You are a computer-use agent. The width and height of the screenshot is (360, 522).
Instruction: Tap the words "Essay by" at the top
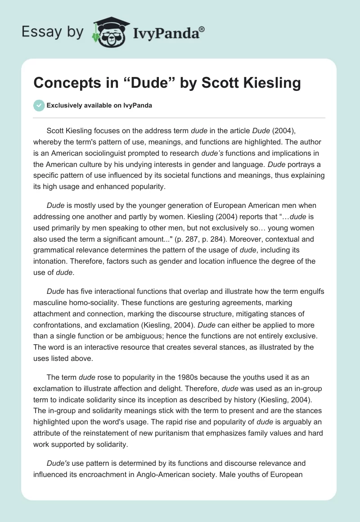tap(53, 31)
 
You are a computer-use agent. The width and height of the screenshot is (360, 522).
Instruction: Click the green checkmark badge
tap(39, 105)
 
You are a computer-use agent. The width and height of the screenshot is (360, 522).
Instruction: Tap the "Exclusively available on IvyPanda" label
tap(99, 106)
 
